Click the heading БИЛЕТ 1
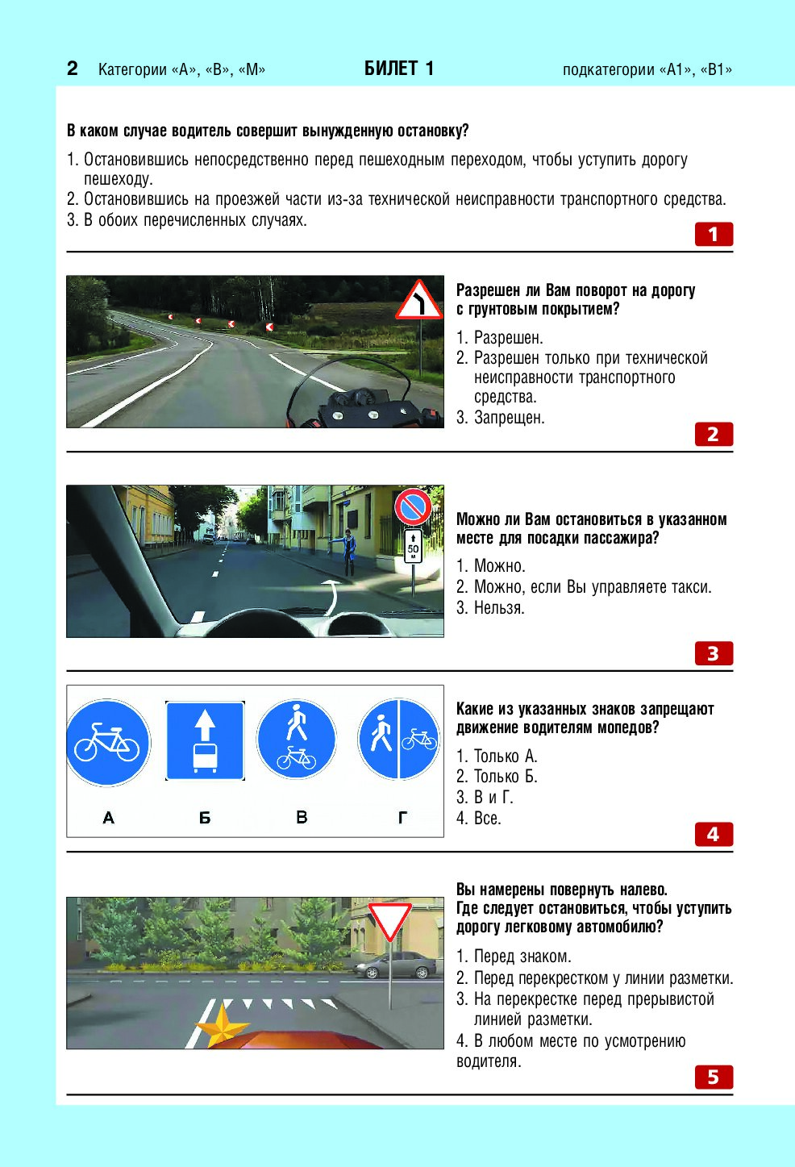[x=398, y=69]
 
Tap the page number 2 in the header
[x=73, y=69]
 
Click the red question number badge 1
[x=714, y=235]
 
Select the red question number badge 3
[x=714, y=653]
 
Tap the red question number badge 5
[x=714, y=1077]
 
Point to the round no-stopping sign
[x=413, y=507]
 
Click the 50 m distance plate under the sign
[x=413, y=546]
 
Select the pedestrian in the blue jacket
[x=348, y=552]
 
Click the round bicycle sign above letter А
[x=108, y=743]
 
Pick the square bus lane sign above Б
[x=205, y=741]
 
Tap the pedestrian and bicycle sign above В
[x=297, y=740]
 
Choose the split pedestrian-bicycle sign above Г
[x=398, y=739]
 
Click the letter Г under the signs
[x=402, y=818]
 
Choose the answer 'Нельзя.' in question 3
[x=498, y=608]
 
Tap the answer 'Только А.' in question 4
[x=505, y=756]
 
